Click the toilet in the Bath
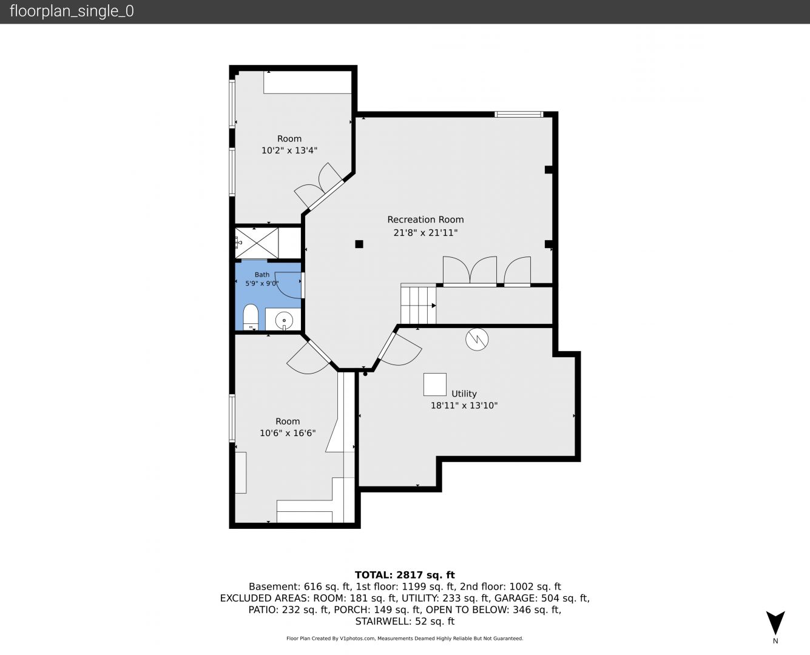click(x=251, y=317)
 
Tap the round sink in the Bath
click(x=284, y=320)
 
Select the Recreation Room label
click(x=425, y=220)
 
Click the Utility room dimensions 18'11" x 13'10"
click(x=464, y=405)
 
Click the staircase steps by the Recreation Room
click(x=418, y=305)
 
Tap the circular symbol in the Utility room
click(x=477, y=339)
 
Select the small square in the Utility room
click(x=435, y=385)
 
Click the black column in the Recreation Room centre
click(x=359, y=244)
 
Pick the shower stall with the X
click(x=257, y=243)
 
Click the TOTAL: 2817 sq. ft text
click(x=405, y=575)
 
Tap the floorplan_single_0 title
click(x=72, y=11)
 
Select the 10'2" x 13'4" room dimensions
click(x=289, y=150)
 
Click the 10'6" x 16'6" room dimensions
click(x=288, y=432)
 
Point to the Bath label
click(x=262, y=275)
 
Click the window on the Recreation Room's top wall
click(x=519, y=114)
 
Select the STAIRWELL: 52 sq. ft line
click(x=405, y=621)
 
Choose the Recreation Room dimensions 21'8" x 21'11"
click(x=425, y=232)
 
